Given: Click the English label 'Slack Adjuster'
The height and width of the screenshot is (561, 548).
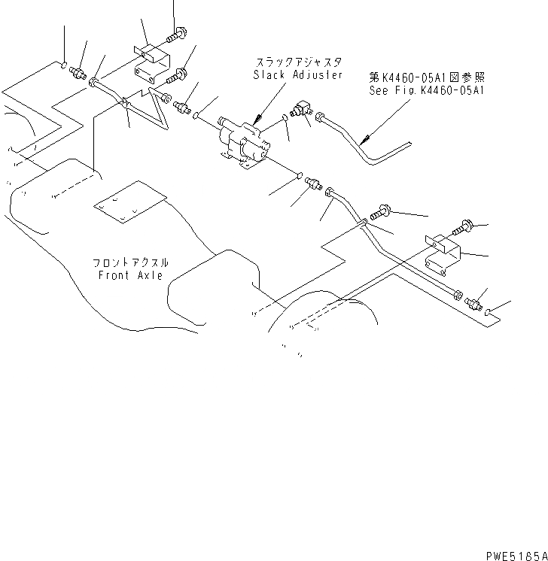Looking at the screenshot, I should pos(298,75).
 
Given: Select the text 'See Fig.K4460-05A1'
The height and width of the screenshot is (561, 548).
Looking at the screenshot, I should pos(429,89).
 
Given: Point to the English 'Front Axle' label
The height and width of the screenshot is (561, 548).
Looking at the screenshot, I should pos(129,275).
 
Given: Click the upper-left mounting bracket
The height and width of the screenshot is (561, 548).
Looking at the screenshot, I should pos(151,62).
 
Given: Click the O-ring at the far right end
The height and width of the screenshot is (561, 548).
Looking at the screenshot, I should pos(489,311).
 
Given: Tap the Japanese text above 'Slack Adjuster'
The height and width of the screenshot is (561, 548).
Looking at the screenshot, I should pos(298,63).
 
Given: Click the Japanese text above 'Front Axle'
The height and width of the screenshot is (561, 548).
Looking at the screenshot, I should pos(130,263).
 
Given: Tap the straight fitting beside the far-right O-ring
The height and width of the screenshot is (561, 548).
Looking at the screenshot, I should pos(473,305).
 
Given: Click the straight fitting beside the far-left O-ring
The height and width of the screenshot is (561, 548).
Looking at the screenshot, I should pos(78,73).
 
